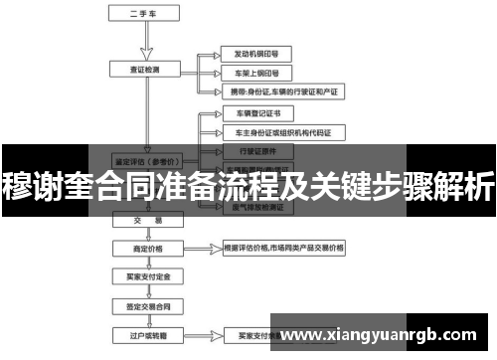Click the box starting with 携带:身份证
coord(283,91)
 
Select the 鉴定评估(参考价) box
coord(146,158)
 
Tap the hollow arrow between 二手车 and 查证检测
coord(146,42)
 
